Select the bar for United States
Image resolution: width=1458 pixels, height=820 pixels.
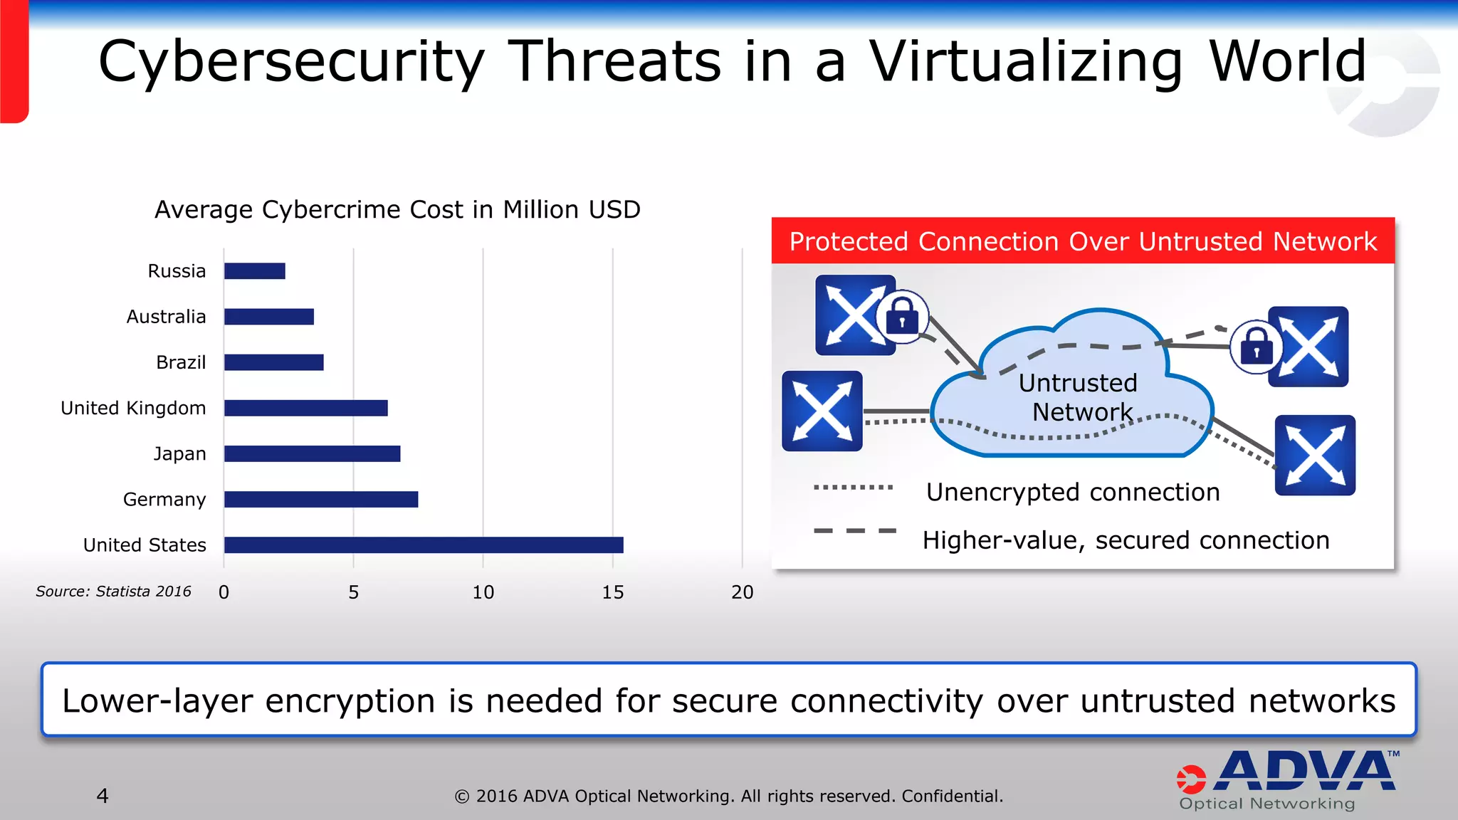(x=424, y=545)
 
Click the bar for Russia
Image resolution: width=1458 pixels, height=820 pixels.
(x=255, y=271)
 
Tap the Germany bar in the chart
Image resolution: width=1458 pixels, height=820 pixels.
(x=321, y=500)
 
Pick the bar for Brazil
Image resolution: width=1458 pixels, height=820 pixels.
(x=274, y=362)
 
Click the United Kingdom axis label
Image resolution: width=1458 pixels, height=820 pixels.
(x=133, y=408)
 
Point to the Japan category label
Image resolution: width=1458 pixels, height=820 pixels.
(x=179, y=454)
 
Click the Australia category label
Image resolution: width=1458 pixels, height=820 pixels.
(x=166, y=317)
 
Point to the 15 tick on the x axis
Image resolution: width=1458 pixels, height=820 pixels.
(x=612, y=592)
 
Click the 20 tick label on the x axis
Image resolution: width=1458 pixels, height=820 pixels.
(x=742, y=592)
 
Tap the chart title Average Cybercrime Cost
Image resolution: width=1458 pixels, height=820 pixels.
(x=397, y=210)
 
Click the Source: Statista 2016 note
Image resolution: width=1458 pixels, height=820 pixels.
(x=113, y=592)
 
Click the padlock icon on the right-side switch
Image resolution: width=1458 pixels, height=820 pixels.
(x=1257, y=347)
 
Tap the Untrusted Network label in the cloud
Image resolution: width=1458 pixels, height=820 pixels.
(x=1079, y=397)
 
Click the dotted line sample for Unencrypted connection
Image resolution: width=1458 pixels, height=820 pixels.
(x=853, y=488)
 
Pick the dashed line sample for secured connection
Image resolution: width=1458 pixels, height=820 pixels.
(x=854, y=531)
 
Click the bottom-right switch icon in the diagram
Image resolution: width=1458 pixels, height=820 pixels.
(x=1315, y=456)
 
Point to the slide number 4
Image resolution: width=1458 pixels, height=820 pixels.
(x=103, y=796)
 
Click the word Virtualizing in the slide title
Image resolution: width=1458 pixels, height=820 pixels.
(x=1026, y=63)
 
